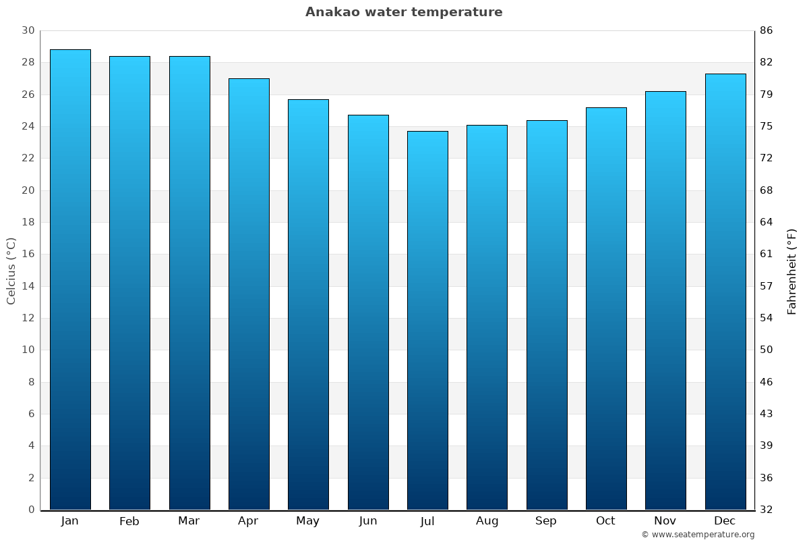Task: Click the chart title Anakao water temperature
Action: (404, 12)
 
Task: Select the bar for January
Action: (70, 279)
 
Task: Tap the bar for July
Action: (427, 321)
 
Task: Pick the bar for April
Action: (249, 294)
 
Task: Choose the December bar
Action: (725, 292)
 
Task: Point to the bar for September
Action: (547, 315)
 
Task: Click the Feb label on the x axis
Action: (129, 521)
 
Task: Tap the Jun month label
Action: (368, 521)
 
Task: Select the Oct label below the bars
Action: (605, 521)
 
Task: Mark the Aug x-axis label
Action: (487, 521)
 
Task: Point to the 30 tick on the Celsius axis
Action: (28, 30)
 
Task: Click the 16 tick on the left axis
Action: (28, 254)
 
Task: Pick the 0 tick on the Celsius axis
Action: (31, 510)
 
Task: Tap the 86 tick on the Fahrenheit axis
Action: (767, 30)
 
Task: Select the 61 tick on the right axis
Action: (767, 254)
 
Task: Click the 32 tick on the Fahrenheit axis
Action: (767, 510)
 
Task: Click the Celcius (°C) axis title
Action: (11, 270)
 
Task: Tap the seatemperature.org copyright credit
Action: (698, 535)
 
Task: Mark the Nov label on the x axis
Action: (665, 521)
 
